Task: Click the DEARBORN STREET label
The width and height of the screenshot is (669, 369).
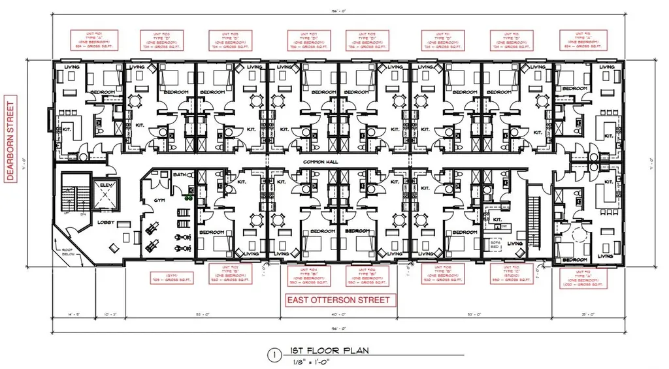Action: coord(10,142)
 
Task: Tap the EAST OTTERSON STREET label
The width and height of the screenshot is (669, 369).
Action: coord(340,300)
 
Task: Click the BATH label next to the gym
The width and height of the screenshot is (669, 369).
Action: coord(179,176)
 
